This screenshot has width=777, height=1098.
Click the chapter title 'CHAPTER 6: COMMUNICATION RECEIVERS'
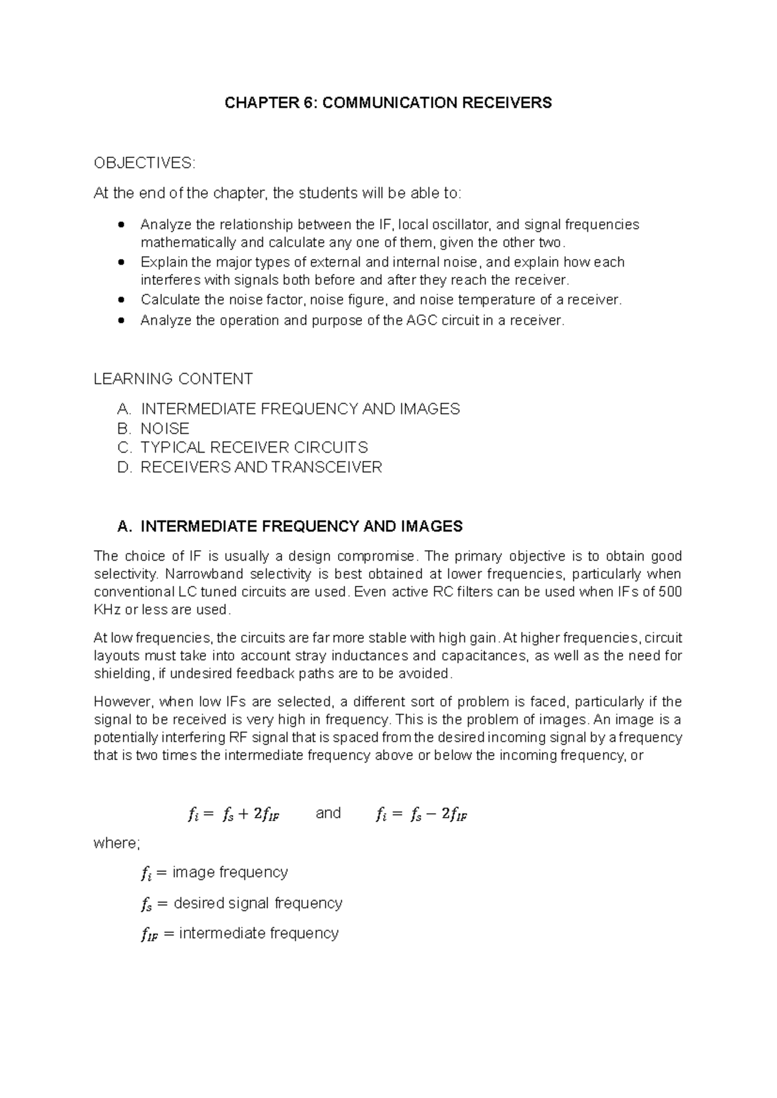(x=388, y=103)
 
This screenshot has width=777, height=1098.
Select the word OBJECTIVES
(x=143, y=163)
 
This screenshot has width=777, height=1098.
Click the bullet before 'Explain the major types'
(x=121, y=263)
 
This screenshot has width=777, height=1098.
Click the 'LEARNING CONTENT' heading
(x=173, y=379)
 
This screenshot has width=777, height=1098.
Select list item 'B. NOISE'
(x=153, y=429)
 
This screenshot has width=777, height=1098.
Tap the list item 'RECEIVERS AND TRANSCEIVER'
(x=260, y=467)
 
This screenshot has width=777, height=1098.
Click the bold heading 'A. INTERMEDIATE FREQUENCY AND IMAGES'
(x=290, y=526)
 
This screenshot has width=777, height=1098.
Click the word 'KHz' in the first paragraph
(x=107, y=610)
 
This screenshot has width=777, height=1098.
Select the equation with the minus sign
(x=421, y=815)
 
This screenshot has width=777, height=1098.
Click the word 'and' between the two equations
(x=328, y=813)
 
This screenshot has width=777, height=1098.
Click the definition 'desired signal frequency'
(x=258, y=903)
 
